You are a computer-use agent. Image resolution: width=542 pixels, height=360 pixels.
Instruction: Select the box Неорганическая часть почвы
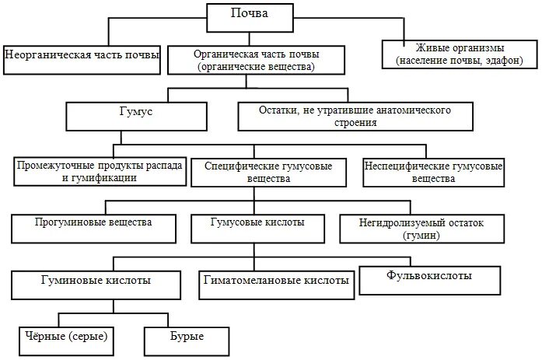(82, 55)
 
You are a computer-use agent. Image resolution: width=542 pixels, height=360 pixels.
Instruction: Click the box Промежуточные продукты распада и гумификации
(100, 172)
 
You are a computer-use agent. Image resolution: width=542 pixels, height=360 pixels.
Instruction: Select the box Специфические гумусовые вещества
(268, 173)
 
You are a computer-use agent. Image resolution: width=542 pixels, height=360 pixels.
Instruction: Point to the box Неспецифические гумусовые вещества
(434, 172)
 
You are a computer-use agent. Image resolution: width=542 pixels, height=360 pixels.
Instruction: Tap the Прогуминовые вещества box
(93, 227)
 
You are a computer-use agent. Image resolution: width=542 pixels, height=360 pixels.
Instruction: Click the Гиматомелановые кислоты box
(275, 280)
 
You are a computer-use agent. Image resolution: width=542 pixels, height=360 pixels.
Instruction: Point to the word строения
(355, 123)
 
